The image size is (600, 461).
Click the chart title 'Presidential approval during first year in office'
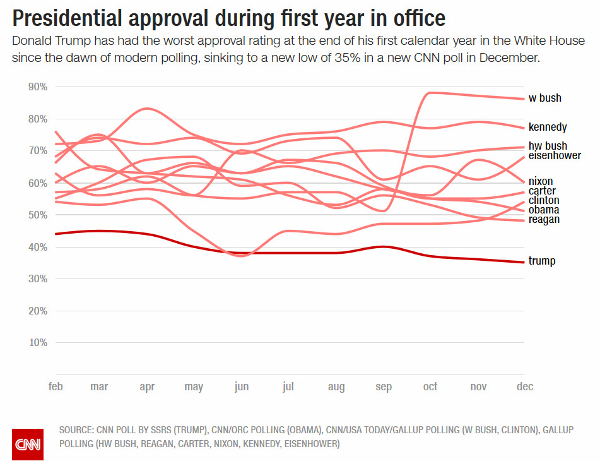228,18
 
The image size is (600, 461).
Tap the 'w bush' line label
544,98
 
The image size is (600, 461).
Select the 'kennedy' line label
547,127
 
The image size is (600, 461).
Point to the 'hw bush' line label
548,146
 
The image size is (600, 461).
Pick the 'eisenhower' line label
555,155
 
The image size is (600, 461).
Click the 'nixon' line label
541,181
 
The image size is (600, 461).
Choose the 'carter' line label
541,191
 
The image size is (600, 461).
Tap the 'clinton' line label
543,200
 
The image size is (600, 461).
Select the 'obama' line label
543,210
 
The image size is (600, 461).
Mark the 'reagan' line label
544,219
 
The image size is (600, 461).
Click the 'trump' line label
541,261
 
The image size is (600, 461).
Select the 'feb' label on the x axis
56,386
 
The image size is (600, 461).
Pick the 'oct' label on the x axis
430,386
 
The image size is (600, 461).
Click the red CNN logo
28,444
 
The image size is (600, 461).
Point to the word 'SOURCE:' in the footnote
76,430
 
